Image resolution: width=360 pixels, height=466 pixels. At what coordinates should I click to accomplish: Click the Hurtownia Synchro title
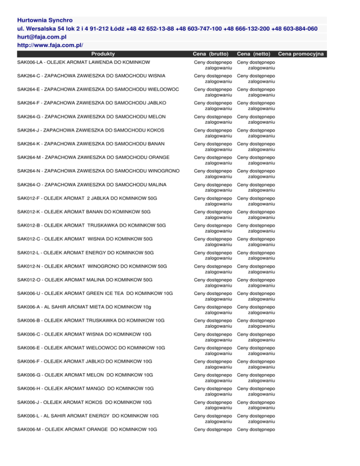pos(45,21)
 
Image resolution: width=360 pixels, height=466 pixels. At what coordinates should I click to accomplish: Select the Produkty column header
pos(103,54)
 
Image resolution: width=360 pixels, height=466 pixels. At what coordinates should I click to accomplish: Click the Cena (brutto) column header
pos(213,54)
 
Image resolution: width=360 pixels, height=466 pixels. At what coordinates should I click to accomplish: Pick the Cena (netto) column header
pos(255,54)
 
